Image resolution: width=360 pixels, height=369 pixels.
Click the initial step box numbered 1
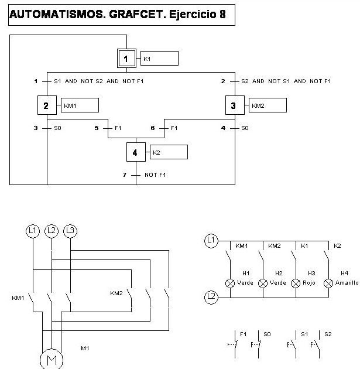coord(126,58)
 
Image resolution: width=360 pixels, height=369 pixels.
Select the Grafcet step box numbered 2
coord(46,105)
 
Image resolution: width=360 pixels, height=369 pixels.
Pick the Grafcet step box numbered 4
coord(136,152)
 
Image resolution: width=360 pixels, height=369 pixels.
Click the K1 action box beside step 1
coord(159,59)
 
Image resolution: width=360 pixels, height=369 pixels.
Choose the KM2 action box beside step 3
coord(268,105)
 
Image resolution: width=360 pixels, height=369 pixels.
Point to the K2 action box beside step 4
coord(169,152)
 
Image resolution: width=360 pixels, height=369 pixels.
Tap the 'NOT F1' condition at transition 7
coord(155,175)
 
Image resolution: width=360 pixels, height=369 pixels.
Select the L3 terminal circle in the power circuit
coord(70,231)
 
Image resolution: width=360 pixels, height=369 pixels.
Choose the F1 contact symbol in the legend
coord(233,345)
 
